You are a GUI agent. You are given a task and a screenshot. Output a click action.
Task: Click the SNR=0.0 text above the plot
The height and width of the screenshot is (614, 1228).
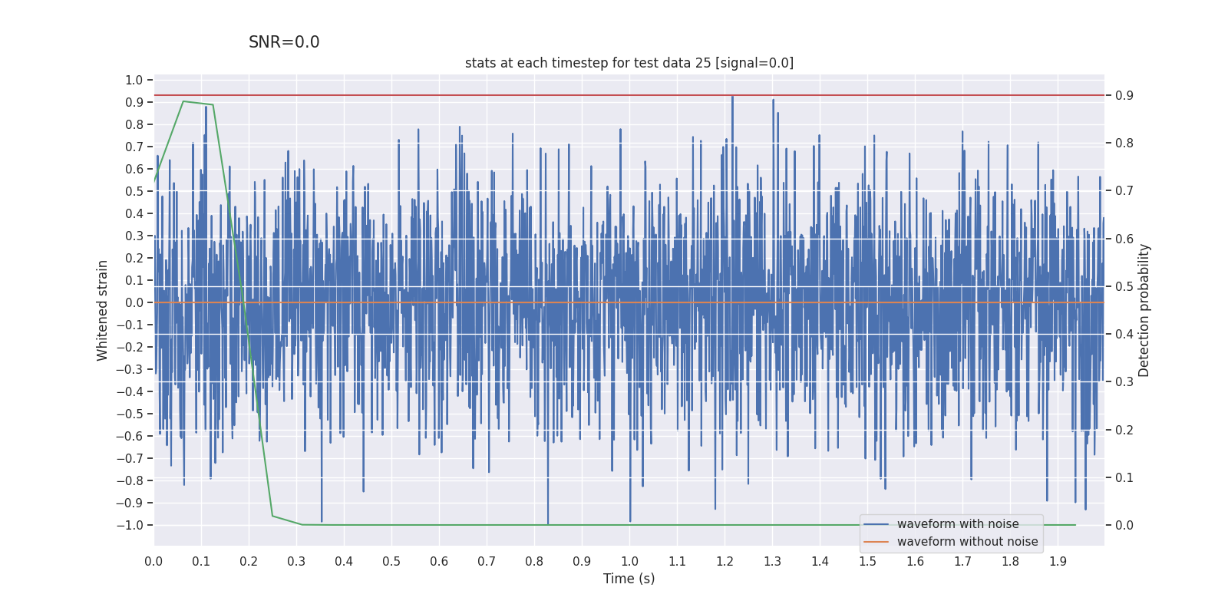pos(284,43)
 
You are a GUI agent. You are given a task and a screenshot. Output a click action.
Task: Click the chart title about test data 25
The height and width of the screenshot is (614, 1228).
pos(629,63)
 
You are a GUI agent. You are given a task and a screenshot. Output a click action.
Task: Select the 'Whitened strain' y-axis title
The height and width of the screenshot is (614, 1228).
pos(103,310)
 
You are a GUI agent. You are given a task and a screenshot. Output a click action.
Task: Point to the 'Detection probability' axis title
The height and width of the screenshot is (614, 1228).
pos(1144,310)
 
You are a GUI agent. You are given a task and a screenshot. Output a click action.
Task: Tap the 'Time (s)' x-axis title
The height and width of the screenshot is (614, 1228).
pos(629,579)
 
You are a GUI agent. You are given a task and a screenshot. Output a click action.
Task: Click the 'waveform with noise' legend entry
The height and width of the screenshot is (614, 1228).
pos(958,524)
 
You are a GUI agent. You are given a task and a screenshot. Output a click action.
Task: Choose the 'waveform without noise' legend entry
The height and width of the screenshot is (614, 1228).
pos(967,542)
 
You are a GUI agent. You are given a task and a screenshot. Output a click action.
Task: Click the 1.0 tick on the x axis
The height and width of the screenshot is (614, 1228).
pos(629,562)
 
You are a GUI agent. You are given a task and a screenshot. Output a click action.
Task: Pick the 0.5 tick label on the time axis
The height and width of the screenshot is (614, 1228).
pos(391,562)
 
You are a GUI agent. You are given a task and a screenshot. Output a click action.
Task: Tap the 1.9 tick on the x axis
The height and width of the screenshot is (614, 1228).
pos(1058,562)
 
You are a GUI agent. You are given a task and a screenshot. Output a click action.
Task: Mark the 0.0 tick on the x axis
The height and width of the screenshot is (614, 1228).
pos(153,562)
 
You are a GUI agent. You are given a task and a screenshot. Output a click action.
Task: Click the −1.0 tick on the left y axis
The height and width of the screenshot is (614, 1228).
pos(130,525)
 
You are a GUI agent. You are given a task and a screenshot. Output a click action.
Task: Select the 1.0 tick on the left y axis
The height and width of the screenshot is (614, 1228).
pos(134,80)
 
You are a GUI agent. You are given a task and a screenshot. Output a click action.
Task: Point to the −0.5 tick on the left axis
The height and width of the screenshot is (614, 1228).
pos(130,414)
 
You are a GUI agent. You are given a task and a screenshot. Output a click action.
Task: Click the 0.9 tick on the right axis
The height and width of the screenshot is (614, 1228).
pos(1124,95)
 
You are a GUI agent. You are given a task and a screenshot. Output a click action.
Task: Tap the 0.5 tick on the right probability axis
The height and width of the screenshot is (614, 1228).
pos(1124,286)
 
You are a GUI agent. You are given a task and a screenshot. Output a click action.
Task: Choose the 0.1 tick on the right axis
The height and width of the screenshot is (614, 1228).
pos(1124,477)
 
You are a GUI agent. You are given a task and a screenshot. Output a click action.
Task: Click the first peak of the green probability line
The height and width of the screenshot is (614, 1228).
pos(183,101)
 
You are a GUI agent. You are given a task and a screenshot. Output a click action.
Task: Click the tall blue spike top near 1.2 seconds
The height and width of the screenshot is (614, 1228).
pos(732,97)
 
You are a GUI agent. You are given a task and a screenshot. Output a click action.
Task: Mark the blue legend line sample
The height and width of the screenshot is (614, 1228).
pos(876,524)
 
